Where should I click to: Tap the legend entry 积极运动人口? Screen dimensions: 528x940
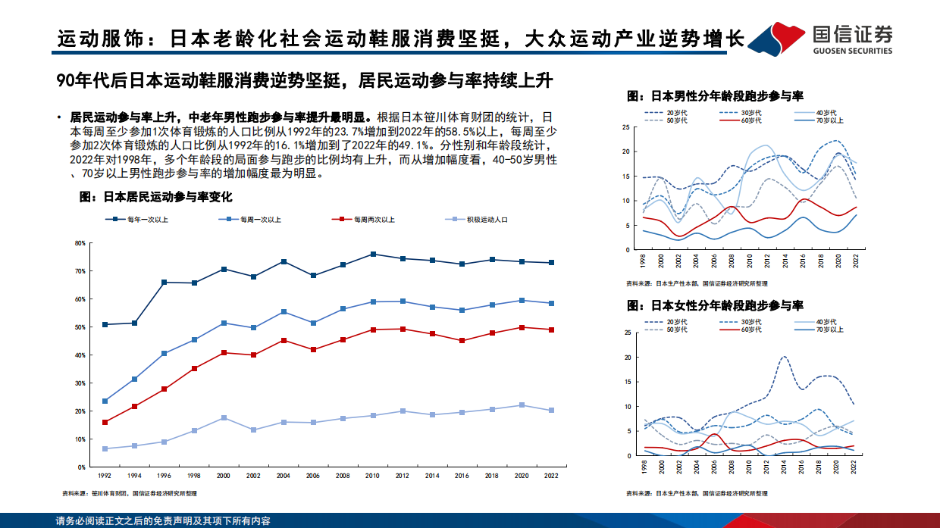(x=485, y=220)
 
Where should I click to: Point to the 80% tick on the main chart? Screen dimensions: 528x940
(x=80, y=243)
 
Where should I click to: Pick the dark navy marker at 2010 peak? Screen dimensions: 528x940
(x=373, y=254)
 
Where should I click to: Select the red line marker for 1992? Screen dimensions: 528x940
(x=105, y=422)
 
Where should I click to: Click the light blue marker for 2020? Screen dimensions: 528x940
(x=522, y=405)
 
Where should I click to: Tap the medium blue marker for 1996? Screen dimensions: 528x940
(x=164, y=353)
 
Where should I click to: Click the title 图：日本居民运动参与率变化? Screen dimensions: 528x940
(x=156, y=196)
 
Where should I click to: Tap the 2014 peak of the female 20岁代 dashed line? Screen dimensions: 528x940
(x=784, y=356)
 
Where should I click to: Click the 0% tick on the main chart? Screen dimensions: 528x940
(x=80, y=467)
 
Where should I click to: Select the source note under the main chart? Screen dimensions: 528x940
(x=129, y=494)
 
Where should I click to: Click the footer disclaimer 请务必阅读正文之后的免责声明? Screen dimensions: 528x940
(x=163, y=521)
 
